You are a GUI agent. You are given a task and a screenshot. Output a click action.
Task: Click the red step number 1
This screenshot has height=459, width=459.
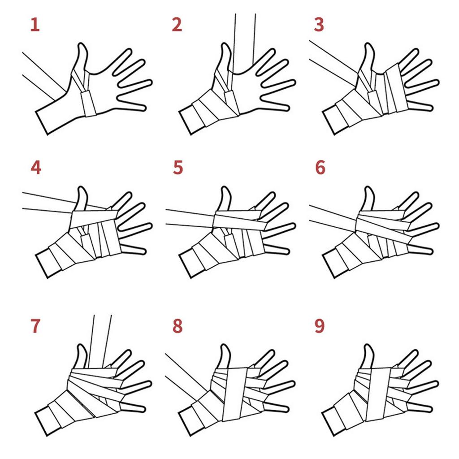tap(35, 25)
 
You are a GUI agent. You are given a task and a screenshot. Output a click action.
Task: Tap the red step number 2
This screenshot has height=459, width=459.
tap(177, 25)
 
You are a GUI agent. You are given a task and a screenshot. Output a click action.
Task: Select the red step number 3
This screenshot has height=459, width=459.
tap(319, 25)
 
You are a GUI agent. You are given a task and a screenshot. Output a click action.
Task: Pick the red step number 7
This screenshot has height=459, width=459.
tap(35, 326)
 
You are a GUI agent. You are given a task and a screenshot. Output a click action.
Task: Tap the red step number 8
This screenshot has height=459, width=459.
tap(178, 326)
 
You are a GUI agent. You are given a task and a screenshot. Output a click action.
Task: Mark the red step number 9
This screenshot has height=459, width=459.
tap(319, 326)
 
